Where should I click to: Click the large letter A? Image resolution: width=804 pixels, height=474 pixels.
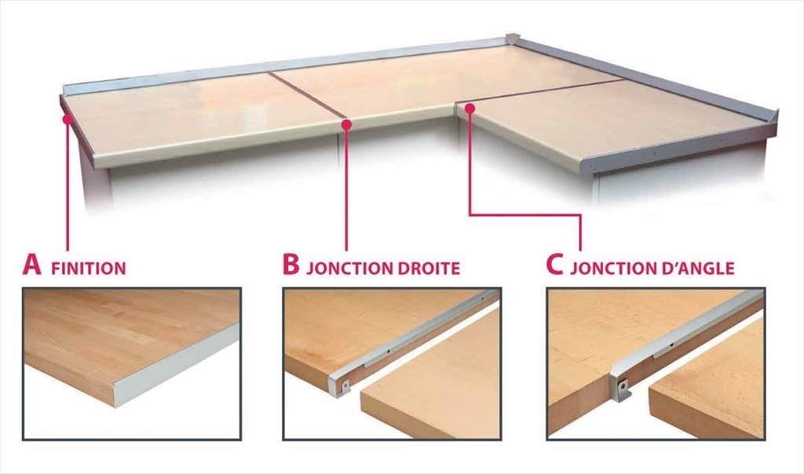(x=31, y=265)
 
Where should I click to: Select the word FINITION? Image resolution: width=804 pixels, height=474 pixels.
(x=88, y=268)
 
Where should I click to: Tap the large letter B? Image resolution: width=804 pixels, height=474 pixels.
(x=291, y=265)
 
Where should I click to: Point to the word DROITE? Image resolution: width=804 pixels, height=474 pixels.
(x=428, y=268)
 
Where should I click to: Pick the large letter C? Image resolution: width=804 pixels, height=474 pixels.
(x=555, y=265)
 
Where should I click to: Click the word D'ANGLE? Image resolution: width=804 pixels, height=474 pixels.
(x=696, y=267)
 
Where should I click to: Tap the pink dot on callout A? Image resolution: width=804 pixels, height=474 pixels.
(x=67, y=119)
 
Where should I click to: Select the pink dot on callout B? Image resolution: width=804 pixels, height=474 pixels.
(x=346, y=123)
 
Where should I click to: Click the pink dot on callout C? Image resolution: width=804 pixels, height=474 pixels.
(x=470, y=108)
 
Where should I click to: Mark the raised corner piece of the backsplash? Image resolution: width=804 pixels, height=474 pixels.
(x=513, y=40)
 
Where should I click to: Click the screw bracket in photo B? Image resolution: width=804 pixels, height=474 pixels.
(x=346, y=384)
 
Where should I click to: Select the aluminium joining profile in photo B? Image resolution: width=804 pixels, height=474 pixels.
(x=410, y=334)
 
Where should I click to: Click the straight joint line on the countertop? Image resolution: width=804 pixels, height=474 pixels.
(x=308, y=96)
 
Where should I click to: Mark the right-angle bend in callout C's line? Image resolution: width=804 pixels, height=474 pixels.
(x=580, y=215)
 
